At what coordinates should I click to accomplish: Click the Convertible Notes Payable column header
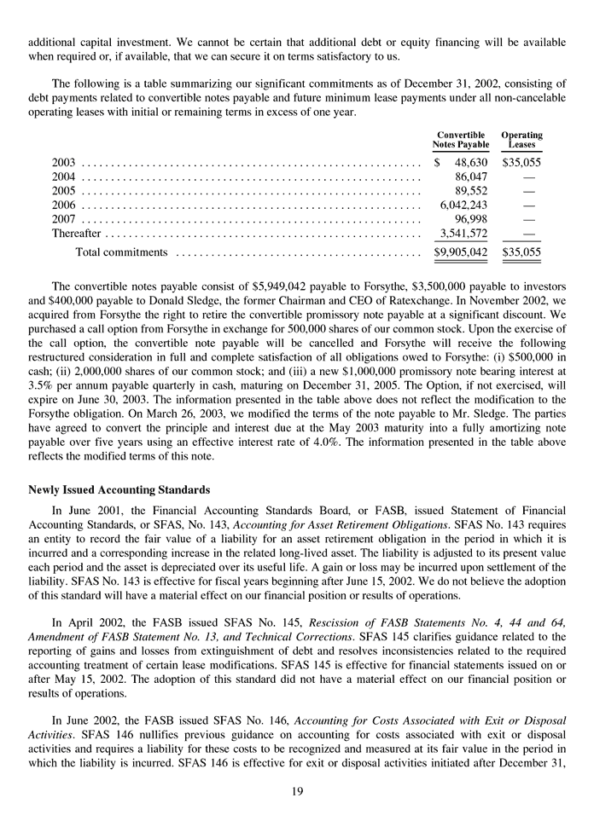point(461,140)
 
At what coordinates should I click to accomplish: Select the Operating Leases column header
point(521,140)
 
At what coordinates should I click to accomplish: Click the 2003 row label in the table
point(64,161)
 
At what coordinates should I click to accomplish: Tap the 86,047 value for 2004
point(469,176)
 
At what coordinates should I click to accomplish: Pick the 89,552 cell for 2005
point(469,190)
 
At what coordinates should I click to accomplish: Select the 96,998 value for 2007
point(469,219)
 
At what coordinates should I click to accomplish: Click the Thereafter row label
point(76,234)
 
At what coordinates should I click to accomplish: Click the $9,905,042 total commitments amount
point(461,252)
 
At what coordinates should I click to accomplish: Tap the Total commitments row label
point(121,252)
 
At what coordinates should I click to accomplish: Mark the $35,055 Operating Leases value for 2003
point(522,161)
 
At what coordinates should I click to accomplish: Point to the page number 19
point(297,792)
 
